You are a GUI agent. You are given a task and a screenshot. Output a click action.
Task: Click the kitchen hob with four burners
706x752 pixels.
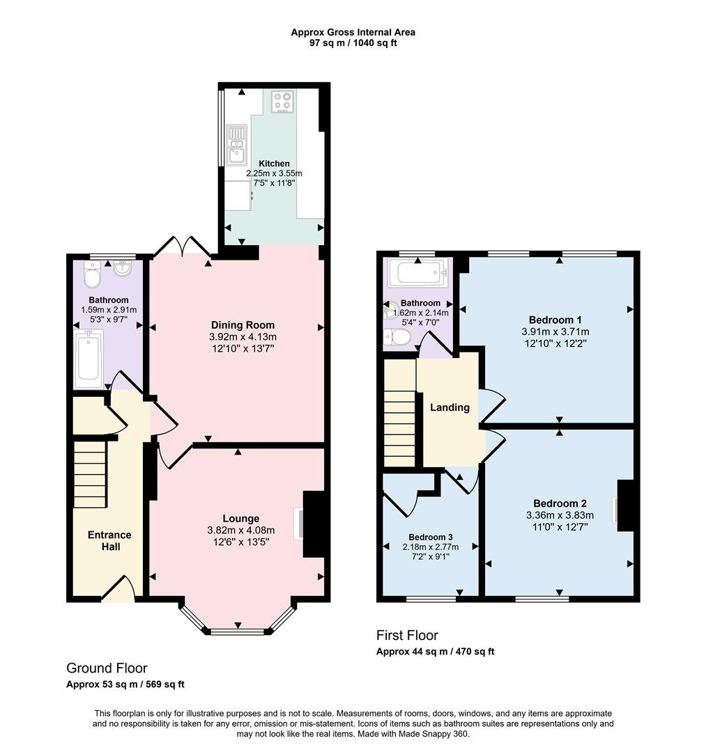[283, 102]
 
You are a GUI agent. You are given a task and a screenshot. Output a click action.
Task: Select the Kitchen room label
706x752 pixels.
[274, 164]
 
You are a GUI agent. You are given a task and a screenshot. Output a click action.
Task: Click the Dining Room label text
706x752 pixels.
[243, 325]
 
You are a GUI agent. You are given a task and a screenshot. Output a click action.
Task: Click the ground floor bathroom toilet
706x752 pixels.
[91, 276]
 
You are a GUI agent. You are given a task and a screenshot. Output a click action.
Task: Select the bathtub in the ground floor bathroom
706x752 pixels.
[89, 358]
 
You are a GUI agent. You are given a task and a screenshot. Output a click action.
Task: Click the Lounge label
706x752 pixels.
[241, 519]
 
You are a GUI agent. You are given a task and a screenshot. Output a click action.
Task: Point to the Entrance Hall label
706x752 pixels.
[109, 541]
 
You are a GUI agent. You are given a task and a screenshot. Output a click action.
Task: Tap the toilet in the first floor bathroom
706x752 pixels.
[399, 338]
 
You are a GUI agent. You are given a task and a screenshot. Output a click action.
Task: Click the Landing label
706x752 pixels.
[450, 408]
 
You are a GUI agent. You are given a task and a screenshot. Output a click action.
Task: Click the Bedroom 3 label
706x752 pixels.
[431, 538]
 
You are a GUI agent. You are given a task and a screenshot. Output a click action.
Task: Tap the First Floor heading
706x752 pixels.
[407, 635]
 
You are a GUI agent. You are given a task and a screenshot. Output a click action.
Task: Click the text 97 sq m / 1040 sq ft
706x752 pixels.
[353, 43]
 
